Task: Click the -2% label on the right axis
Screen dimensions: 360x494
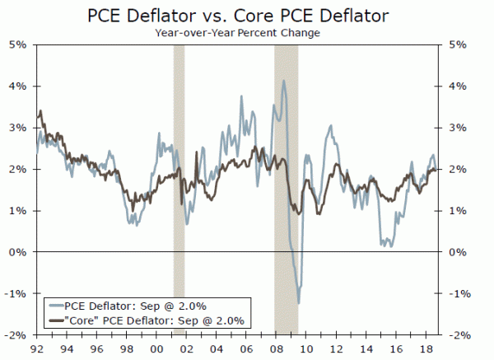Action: (x=459, y=335)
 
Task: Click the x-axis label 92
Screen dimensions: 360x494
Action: (x=37, y=348)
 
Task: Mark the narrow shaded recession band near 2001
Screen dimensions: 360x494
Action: (x=178, y=189)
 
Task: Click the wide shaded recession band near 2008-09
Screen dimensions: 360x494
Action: (x=286, y=189)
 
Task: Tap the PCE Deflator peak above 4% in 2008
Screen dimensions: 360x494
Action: (x=283, y=81)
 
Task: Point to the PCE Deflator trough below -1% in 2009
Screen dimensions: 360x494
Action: (x=297, y=302)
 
